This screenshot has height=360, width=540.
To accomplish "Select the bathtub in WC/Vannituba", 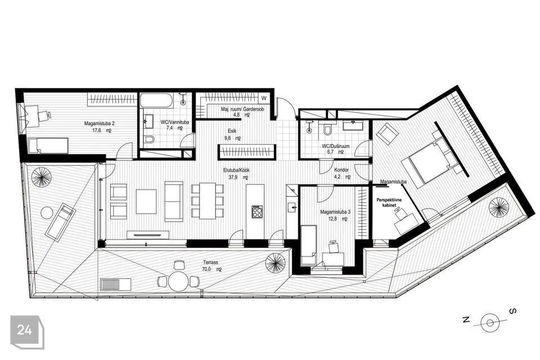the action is (x=157, y=100).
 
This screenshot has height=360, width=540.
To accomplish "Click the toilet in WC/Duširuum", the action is (x=327, y=129).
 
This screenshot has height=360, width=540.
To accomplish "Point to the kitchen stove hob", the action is (x=257, y=211).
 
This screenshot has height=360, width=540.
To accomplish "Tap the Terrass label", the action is (x=210, y=263).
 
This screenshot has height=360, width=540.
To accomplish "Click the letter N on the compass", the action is (x=466, y=320).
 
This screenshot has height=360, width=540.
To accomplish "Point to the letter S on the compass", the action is (x=513, y=312).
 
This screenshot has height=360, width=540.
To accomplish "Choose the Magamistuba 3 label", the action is (x=335, y=212).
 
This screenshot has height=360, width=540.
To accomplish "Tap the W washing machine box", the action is (x=264, y=98).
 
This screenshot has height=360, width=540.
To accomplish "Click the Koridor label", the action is (x=341, y=170).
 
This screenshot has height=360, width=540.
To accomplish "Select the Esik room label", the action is (x=232, y=131).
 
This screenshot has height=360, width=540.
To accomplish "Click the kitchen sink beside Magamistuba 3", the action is (x=292, y=207).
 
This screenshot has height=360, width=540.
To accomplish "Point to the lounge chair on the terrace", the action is (x=61, y=222).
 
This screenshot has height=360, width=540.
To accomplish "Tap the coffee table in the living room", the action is (x=146, y=201).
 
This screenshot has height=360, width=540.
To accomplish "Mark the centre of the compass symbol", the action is (x=490, y=323).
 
